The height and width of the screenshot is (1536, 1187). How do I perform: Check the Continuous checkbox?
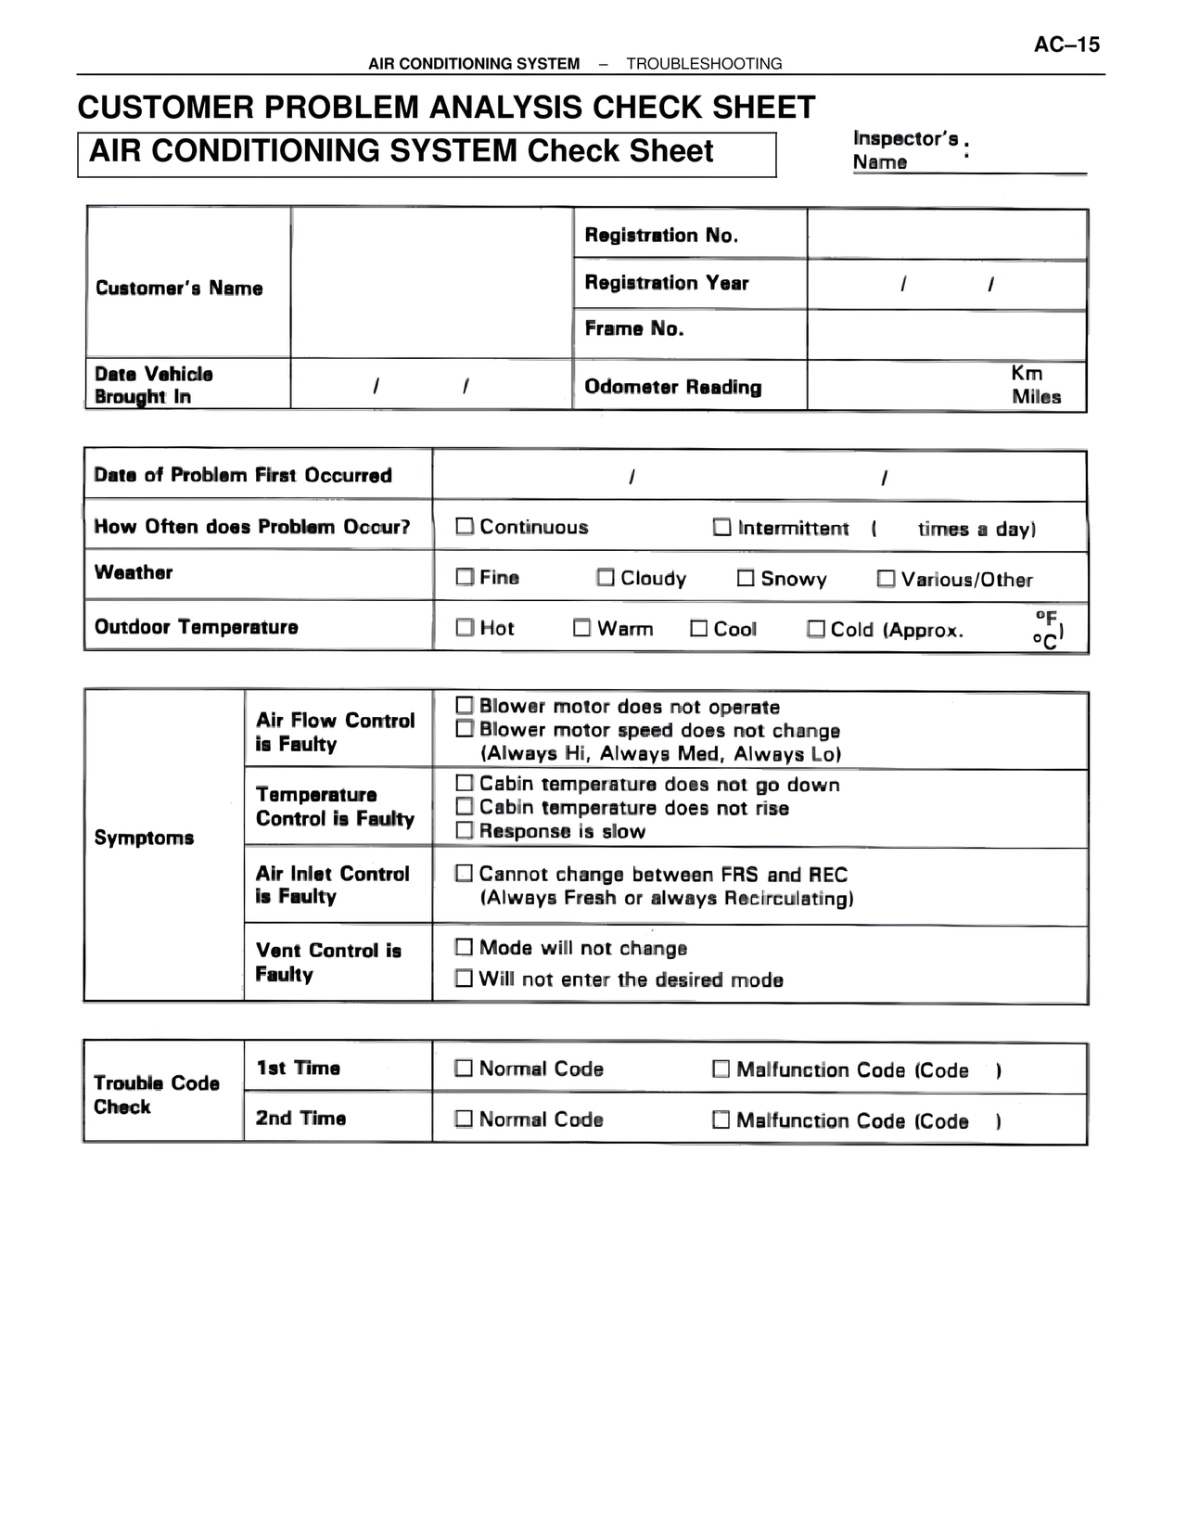465,527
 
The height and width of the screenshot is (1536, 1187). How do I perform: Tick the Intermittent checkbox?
721,527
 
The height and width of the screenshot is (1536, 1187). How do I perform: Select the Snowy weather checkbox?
746,578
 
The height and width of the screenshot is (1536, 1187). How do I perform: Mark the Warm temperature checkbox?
581,628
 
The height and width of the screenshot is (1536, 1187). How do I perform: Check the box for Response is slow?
465,830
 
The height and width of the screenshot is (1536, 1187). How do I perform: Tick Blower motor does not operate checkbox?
465,706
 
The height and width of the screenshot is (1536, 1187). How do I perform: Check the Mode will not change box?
465,947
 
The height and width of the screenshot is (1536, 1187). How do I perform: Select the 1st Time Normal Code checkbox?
464,1069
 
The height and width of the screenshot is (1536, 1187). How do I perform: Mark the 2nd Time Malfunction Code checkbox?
721,1120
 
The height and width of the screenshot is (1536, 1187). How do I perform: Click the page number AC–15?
1066,45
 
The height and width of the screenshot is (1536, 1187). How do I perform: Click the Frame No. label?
634,328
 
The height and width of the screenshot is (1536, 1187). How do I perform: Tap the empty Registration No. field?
946,235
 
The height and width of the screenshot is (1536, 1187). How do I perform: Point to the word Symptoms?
144,838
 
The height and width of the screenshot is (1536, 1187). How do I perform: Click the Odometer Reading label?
672,387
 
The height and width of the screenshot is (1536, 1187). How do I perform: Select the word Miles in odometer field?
1036,397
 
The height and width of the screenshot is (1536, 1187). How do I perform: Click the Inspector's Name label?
905,149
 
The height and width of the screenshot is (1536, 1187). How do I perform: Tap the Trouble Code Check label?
156,1094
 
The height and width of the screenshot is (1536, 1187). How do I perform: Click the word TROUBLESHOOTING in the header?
704,64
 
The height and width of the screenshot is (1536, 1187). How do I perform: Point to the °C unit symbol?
1044,641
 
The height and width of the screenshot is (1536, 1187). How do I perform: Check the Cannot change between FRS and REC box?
465,873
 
